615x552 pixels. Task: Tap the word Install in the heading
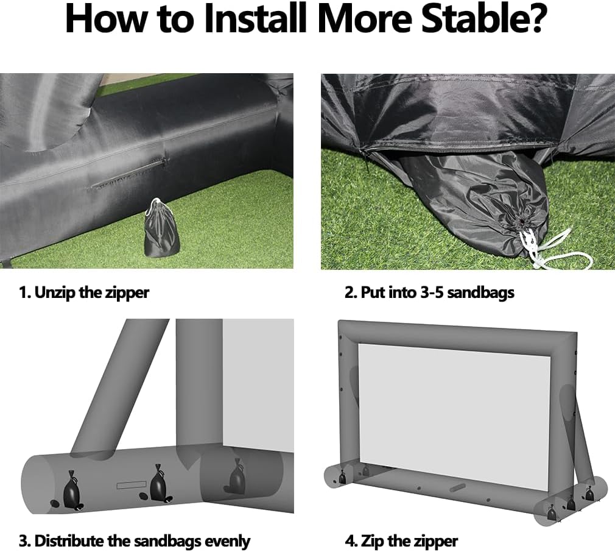tap(255, 19)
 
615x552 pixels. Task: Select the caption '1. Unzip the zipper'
tap(84, 292)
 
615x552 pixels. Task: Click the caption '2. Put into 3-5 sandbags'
tap(429, 292)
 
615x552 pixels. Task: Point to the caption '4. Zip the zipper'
tap(401, 541)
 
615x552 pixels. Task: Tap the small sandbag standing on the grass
tap(161, 228)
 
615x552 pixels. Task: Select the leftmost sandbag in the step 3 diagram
tap(72, 491)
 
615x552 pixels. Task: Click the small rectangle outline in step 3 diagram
tap(132, 486)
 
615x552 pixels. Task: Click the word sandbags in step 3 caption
tap(167, 541)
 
